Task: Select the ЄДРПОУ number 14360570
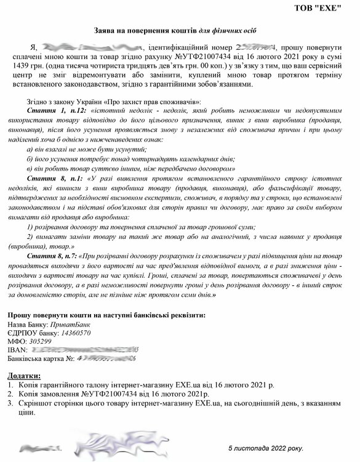[74, 332]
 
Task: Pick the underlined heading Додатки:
[24, 375]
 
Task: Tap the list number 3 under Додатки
[10, 403]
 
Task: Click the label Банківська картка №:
[41, 358]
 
